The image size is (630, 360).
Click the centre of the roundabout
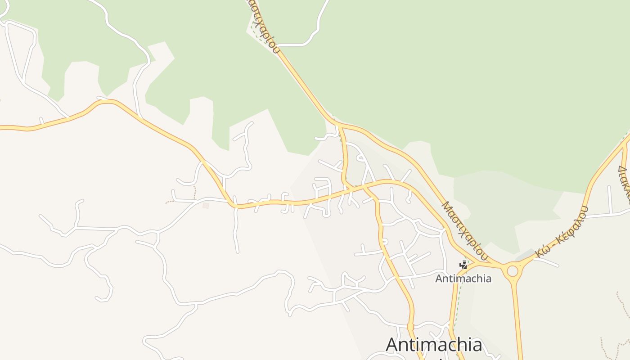point(513,271)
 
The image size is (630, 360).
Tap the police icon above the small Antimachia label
point(463,265)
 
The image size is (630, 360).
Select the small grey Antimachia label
point(463,279)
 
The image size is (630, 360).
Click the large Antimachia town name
point(434,345)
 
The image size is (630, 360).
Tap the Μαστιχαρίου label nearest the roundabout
point(465,230)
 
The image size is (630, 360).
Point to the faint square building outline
point(206,206)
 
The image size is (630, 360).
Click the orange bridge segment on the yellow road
point(410,327)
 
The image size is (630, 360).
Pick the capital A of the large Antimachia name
point(394,345)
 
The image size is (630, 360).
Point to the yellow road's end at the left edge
point(2,128)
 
